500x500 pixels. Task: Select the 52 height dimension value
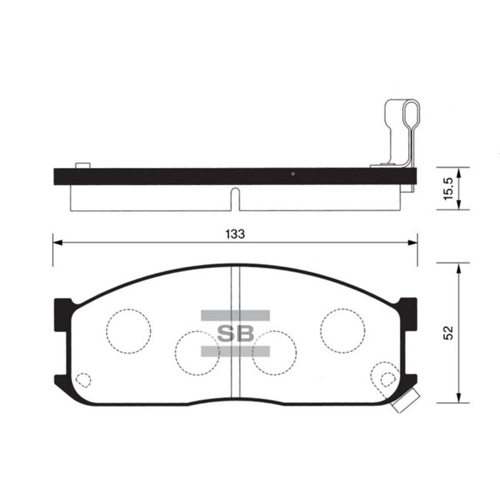pyautogui.click(x=448, y=334)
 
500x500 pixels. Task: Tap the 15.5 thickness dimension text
pyautogui.click(x=447, y=189)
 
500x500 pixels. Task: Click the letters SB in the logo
pyautogui.click(x=235, y=333)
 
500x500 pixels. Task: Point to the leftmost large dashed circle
pyautogui.click(x=129, y=330)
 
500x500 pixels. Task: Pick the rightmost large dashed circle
pyautogui.click(x=343, y=330)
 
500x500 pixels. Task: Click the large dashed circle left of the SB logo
pyautogui.click(x=198, y=353)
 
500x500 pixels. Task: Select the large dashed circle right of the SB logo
pyautogui.click(x=274, y=353)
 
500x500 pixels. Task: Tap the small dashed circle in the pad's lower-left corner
pyautogui.click(x=84, y=381)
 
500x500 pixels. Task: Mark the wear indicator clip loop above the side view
pyautogui.click(x=410, y=118)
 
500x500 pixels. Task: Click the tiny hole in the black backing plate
pyautogui.click(x=293, y=174)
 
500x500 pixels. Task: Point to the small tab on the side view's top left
pyautogui.click(x=82, y=166)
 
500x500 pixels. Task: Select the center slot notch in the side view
pyautogui.click(x=235, y=199)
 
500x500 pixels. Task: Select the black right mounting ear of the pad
pyautogui.click(x=409, y=314)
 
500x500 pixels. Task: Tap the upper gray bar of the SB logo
pyautogui.click(x=235, y=315)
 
